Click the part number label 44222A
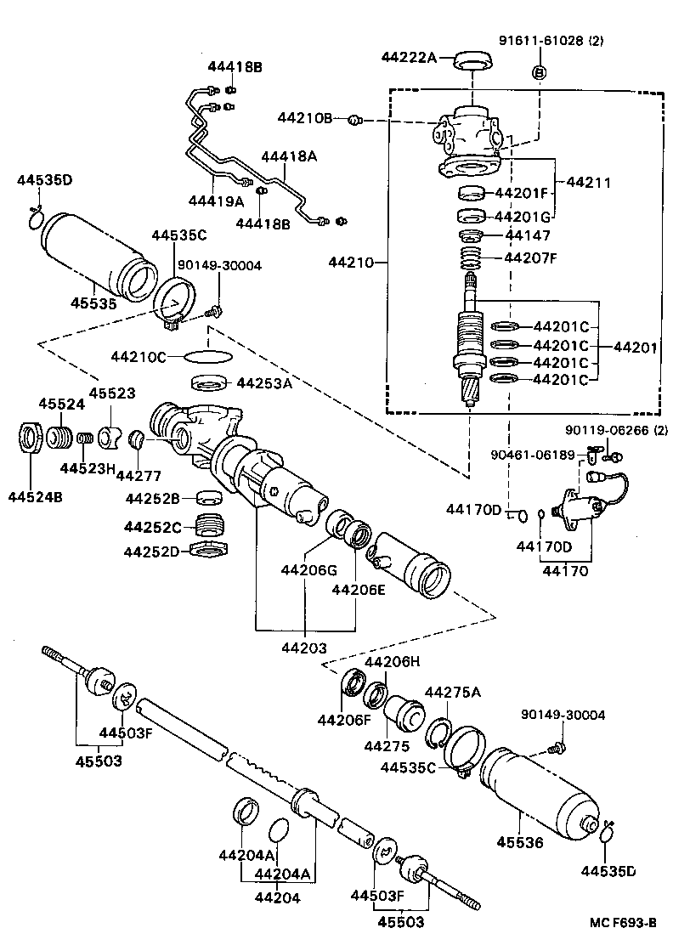click(x=409, y=58)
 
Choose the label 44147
click(x=528, y=235)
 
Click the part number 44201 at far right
click(x=636, y=347)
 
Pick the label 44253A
click(x=264, y=383)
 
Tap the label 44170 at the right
click(x=567, y=571)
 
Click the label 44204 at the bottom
click(x=277, y=897)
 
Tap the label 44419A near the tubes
click(x=216, y=201)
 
